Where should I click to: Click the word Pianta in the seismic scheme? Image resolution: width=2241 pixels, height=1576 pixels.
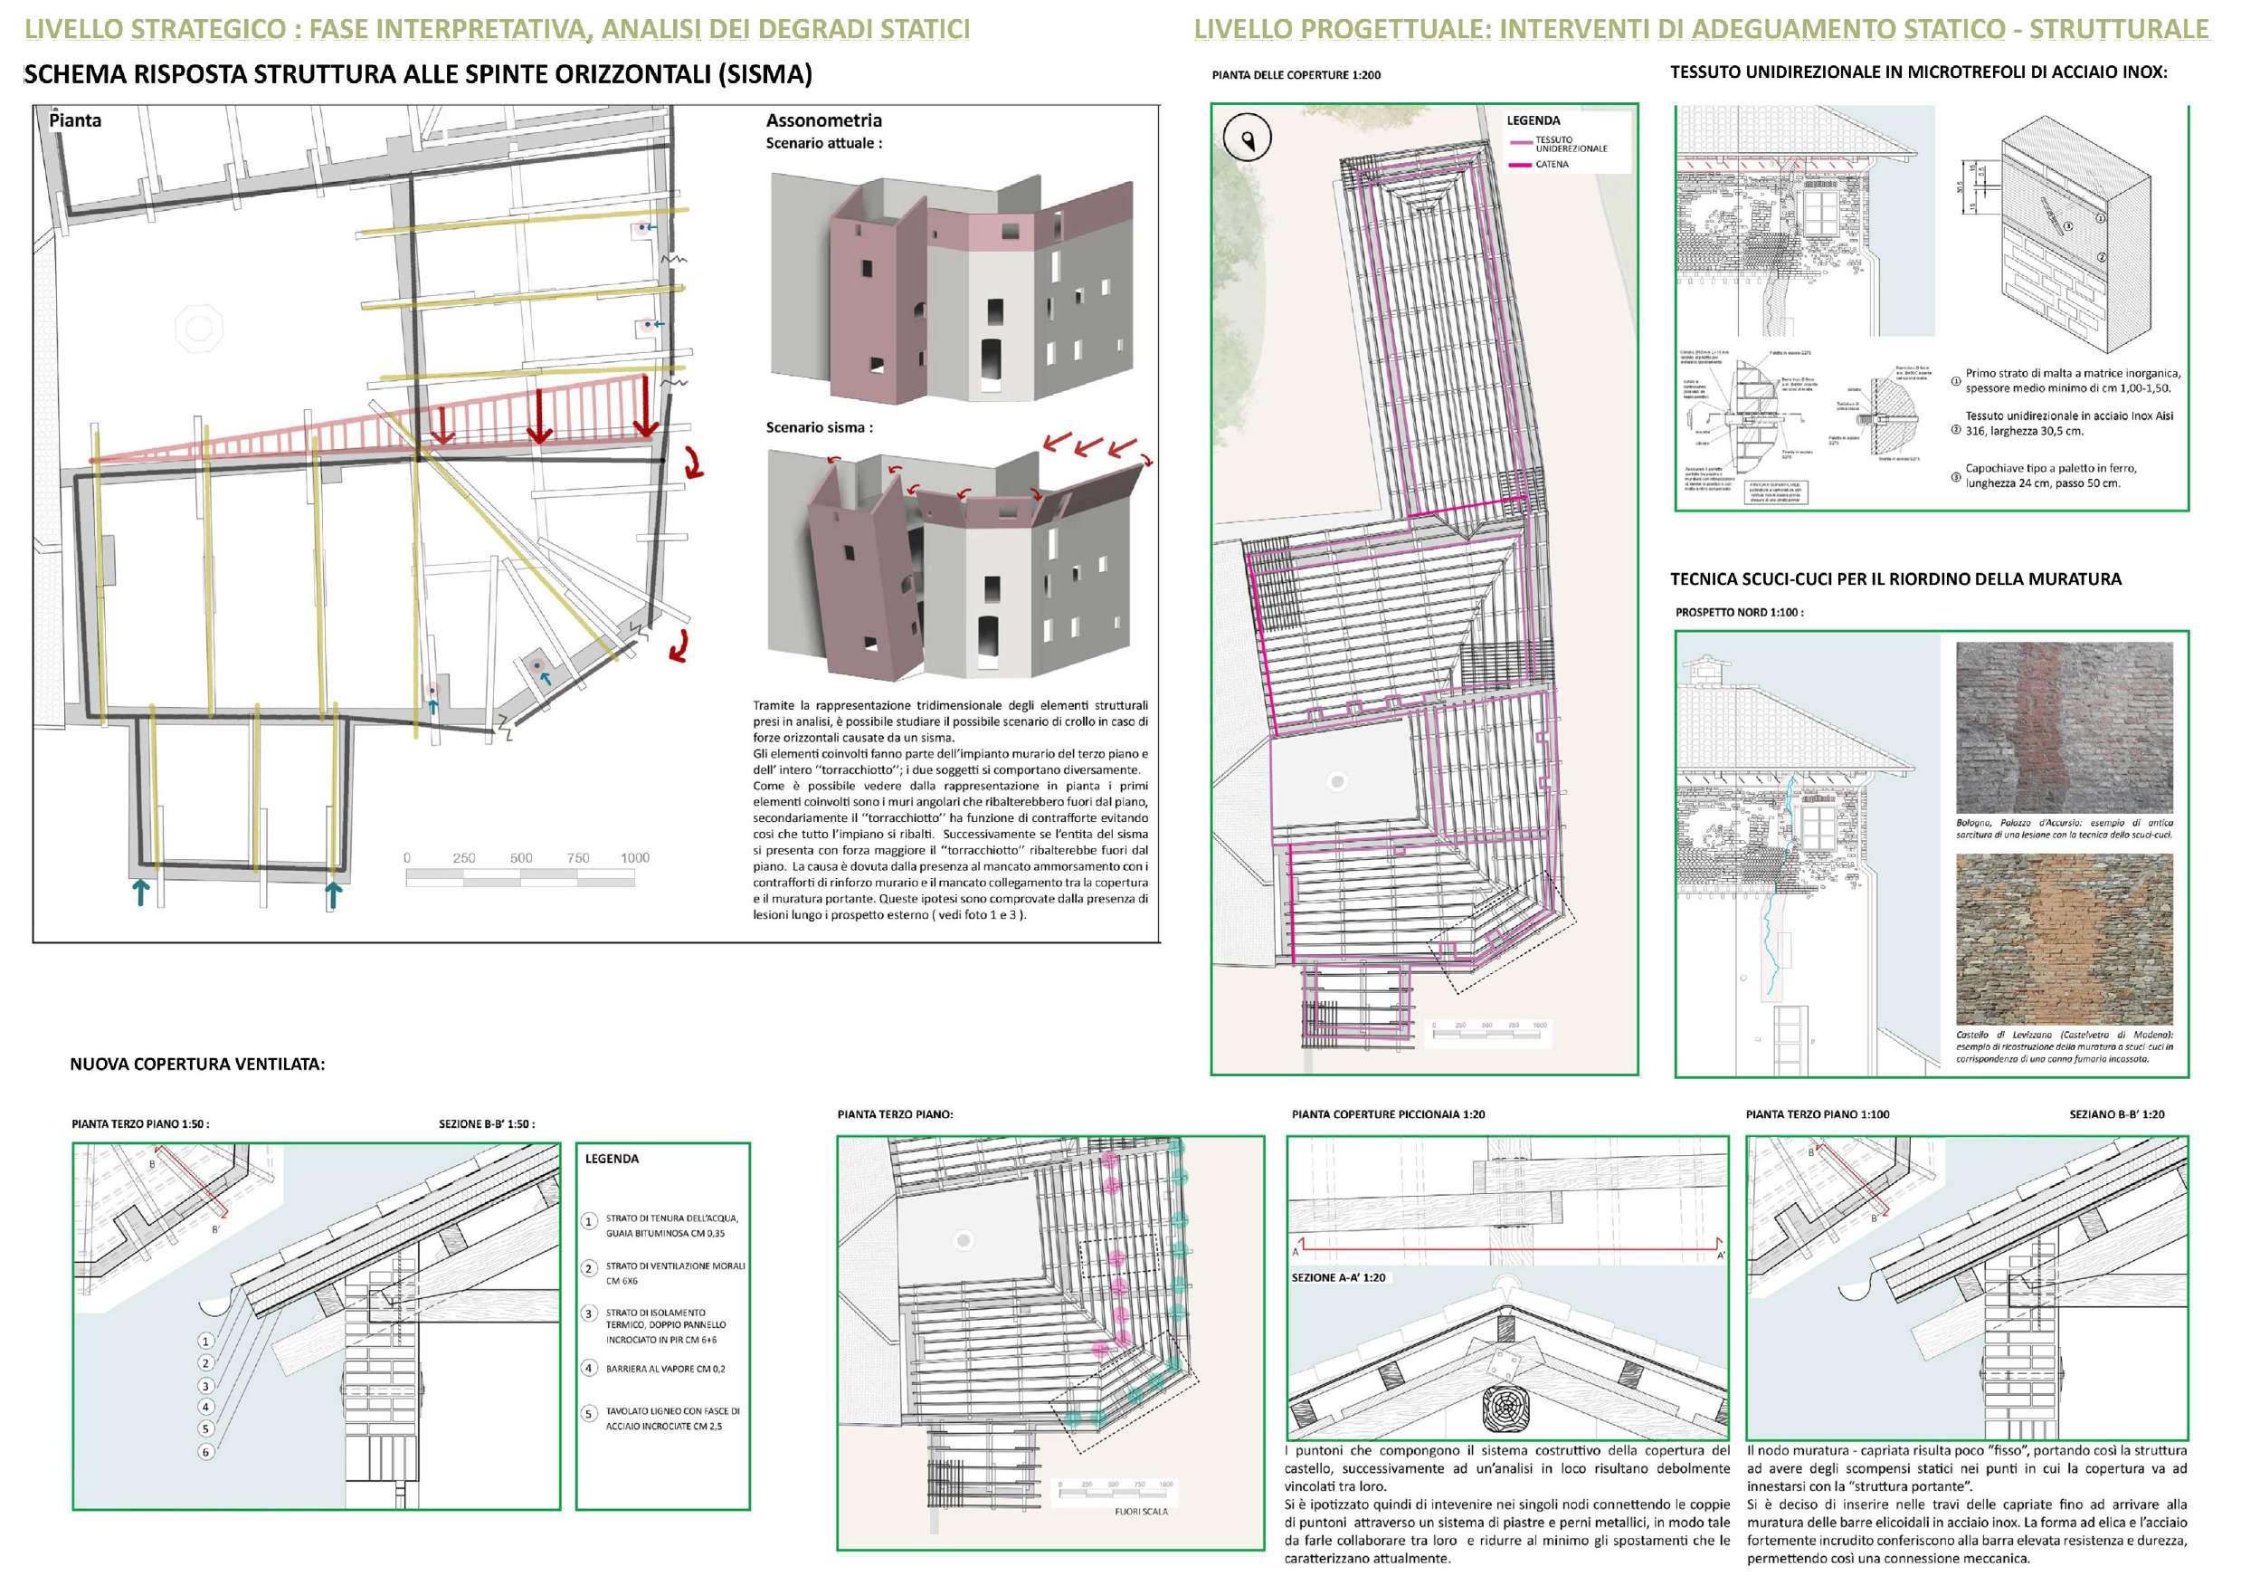[x=75, y=120]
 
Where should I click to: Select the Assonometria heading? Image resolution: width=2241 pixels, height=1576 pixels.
[x=822, y=120]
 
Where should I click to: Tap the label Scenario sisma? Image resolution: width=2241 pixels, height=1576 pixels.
[x=819, y=426]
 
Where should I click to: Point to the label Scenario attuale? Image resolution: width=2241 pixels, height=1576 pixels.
[x=822, y=142]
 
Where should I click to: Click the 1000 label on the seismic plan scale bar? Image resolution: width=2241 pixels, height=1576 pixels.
[x=634, y=857]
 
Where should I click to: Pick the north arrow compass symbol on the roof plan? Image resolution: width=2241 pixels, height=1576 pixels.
[x=1248, y=138]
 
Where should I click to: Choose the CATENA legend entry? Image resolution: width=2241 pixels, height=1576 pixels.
[x=1552, y=164]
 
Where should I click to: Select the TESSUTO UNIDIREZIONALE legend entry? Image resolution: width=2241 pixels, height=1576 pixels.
[x=1570, y=145]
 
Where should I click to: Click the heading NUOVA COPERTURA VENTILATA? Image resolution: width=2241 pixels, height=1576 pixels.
[x=197, y=1064]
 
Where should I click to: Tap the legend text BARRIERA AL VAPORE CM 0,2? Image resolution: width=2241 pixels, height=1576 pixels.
[x=666, y=1369]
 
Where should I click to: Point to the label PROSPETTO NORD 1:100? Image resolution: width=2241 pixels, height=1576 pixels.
[x=1739, y=612]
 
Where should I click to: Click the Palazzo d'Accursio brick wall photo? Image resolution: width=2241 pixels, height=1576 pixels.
[x=2065, y=727]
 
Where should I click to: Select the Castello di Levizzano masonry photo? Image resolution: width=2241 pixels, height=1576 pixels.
[x=2065, y=938]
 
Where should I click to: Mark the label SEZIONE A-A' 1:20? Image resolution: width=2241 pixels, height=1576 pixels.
[x=1338, y=1277]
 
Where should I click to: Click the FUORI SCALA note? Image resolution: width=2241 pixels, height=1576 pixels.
[x=1141, y=1512]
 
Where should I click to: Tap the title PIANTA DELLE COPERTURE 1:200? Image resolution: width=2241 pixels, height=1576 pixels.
[x=1296, y=75]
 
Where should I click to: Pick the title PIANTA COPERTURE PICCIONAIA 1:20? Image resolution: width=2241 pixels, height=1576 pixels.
[x=1388, y=1114]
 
